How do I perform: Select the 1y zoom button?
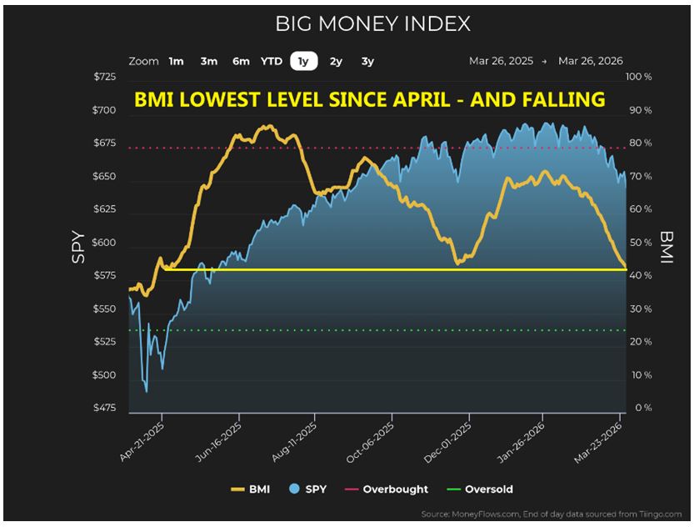pyautogui.click(x=302, y=61)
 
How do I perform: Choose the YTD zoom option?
pyautogui.click(x=271, y=61)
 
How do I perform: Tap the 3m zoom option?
pyautogui.click(x=208, y=61)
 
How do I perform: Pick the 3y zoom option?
pyautogui.click(x=367, y=61)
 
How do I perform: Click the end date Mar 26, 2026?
pyautogui.click(x=591, y=61)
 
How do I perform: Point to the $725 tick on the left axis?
pyautogui.click(x=105, y=77)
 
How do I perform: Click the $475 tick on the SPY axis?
pyautogui.click(x=105, y=408)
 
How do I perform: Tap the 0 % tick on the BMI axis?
pyautogui.click(x=640, y=408)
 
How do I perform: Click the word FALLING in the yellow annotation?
pyautogui.click(x=561, y=100)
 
